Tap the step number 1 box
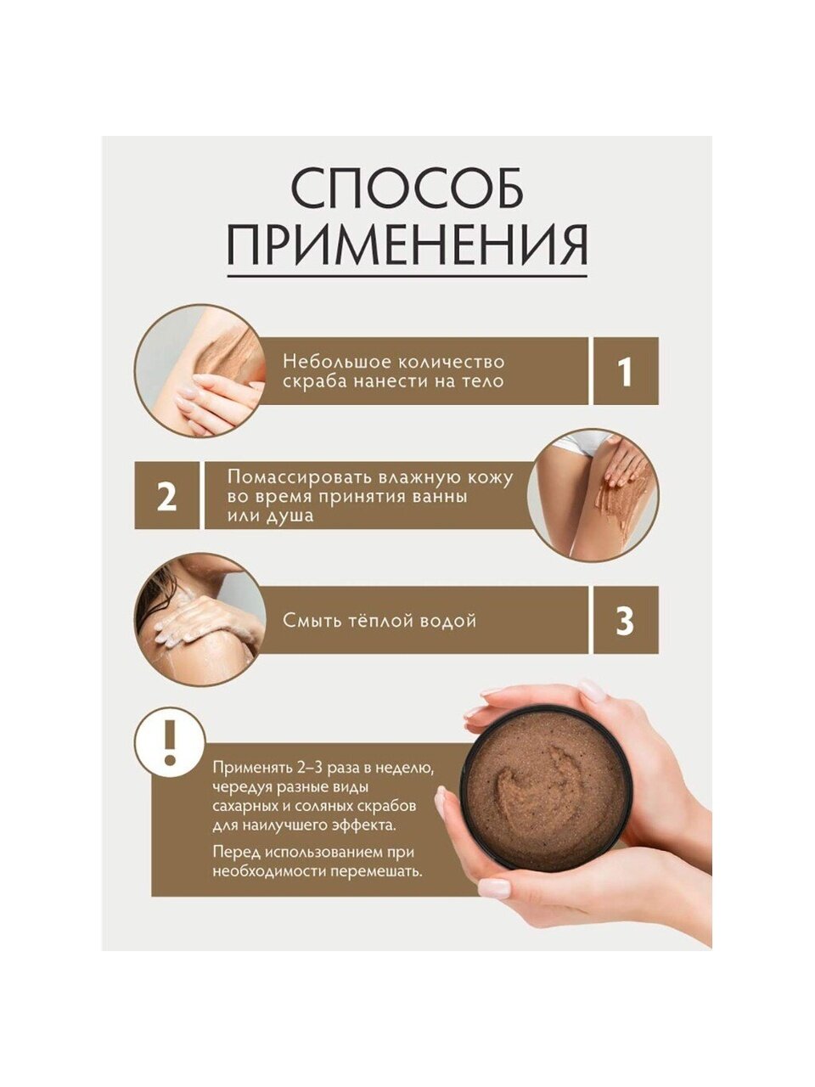click(626, 371)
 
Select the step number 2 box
click(166, 496)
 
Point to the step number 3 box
click(626, 621)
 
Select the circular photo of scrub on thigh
click(593, 495)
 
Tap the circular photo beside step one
click(200, 371)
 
